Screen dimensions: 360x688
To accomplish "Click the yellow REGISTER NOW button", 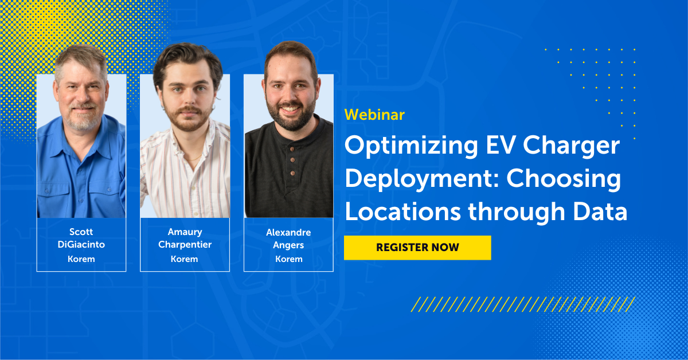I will coord(417,248).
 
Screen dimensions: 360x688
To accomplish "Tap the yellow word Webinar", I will coord(374,115).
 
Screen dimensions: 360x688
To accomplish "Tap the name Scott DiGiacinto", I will coord(81,238).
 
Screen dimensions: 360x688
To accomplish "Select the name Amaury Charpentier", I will coord(185,238).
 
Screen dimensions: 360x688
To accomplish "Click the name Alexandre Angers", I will coord(288,238).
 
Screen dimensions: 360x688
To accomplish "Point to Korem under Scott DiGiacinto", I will coord(81,259).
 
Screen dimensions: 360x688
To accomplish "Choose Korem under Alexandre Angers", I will coord(288,259).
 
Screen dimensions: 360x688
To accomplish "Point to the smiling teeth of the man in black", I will coord(291,108).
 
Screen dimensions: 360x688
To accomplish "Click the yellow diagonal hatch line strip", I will coord(522,304).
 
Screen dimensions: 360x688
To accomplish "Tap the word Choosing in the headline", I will coord(573,179).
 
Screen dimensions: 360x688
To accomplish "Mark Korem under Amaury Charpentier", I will coord(185,259).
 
